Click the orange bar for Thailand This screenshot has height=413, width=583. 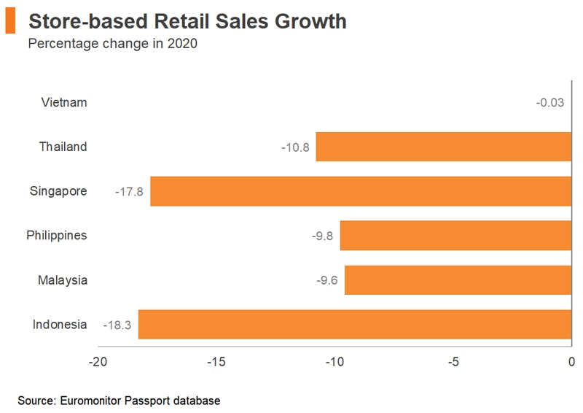(x=443, y=147)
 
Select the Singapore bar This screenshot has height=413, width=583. (x=361, y=191)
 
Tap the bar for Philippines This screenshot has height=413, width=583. (x=455, y=236)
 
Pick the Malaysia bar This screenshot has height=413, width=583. (x=458, y=280)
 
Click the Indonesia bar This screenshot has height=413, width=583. (x=355, y=325)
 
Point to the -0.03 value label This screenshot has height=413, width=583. (x=550, y=103)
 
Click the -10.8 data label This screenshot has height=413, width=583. (x=295, y=147)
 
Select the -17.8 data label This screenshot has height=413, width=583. (x=129, y=192)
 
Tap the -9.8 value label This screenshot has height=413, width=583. (x=322, y=236)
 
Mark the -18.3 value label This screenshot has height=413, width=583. (x=117, y=325)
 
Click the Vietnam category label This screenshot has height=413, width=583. (x=64, y=102)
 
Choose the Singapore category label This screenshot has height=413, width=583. (x=58, y=191)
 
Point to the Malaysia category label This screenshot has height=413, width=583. (x=63, y=280)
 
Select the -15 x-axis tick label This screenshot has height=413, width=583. (x=216, y=362)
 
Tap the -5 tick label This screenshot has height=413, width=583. (x=453, y=362)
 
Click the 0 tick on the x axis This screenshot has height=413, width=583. (x=571, y=362)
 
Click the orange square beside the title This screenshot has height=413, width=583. (x=10, y=22)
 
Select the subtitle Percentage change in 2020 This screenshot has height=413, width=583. (x=112, y=44)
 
